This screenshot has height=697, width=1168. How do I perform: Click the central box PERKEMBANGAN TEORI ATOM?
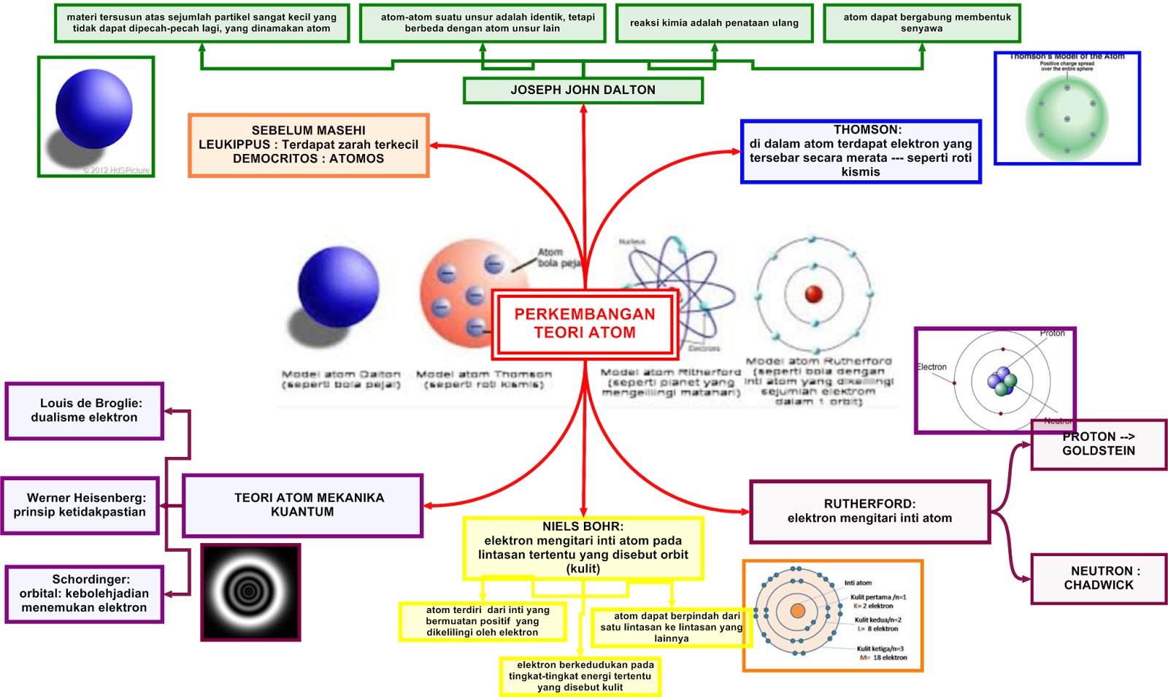(x=585, y=323)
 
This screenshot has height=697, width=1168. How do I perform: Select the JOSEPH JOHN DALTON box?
(x=583, y=90)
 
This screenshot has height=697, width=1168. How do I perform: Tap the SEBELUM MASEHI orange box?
(x=308, y=145)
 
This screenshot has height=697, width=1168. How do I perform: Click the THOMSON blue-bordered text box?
(x=861, y=151)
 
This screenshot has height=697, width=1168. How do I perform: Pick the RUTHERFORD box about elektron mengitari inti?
(x=869, y=511)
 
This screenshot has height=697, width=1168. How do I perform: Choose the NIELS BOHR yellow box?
(x=583, y=547)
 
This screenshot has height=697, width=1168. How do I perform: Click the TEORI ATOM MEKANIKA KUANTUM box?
(x=302, y=505)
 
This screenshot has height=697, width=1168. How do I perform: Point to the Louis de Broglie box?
(x=84, y=410)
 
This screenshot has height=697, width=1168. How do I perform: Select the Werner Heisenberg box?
(x=80, y=505)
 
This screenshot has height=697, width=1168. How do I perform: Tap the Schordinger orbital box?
(x=84, y=593)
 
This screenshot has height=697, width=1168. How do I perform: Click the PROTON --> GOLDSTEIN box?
(x=1098, y=444)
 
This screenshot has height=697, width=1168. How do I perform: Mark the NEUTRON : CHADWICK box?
(x=1098, y=578)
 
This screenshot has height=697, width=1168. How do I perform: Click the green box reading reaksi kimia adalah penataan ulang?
(x=714, y=23)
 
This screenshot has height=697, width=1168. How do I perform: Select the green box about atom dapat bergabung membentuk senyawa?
(x=921, y=23)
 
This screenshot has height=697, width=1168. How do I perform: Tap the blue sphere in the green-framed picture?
(x=93, y=107)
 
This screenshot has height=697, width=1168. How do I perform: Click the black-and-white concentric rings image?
(x=250, y=592)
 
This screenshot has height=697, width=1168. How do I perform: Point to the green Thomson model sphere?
(x=1067, y=119)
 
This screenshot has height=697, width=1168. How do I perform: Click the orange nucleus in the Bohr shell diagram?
(x=797, y=610)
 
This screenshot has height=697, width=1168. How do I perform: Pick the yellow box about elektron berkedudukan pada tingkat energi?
(x=580, y=676)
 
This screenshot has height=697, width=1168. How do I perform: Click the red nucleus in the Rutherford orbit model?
(x=813, y=294)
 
